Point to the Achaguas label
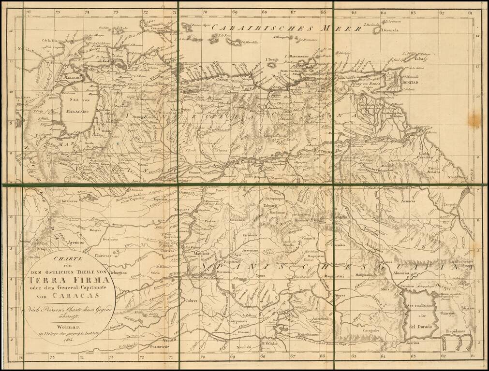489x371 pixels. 117,273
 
